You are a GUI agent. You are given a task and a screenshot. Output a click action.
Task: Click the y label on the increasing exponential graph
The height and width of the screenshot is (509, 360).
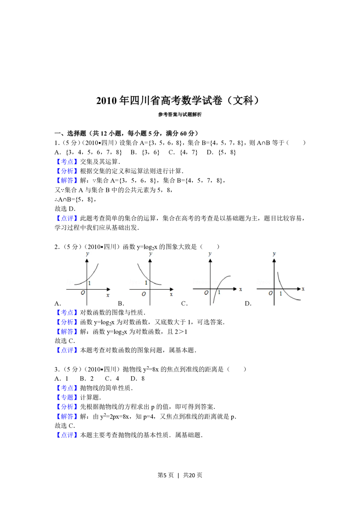tap(87, 254)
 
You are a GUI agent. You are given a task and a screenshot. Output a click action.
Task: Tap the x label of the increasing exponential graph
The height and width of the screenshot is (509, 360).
tap(108, 295)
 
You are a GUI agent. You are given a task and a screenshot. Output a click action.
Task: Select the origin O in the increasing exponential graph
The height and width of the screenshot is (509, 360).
tap(83, 293)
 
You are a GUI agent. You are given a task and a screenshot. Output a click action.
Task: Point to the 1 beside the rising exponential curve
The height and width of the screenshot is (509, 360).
tap(89, 283)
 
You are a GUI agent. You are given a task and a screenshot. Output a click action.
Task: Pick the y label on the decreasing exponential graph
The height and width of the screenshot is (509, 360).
tap(150, 254)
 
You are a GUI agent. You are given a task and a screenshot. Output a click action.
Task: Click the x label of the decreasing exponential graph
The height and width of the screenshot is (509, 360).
tap(171, 294)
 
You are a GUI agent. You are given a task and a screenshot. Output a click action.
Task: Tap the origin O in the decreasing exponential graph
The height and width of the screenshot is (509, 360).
tap(144, 294)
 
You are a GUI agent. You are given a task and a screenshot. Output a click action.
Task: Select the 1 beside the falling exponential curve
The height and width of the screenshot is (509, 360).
tap(146, 283)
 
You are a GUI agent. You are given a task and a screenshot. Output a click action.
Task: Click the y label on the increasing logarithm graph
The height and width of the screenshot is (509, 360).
tap(210, 254)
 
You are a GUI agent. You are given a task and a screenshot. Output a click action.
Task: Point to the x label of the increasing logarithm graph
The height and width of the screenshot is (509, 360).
tap(240, 289)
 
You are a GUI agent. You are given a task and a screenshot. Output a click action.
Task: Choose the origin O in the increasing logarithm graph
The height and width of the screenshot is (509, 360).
tap(206, 293)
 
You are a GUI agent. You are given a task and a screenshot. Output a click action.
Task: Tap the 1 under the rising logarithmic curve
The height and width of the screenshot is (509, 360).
tap(219, 292)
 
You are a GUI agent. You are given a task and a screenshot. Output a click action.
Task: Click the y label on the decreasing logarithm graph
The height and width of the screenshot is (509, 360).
tap(275, 254)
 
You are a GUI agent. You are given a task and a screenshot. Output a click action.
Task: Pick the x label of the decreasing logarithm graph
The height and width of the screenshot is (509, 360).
tap(303, 289)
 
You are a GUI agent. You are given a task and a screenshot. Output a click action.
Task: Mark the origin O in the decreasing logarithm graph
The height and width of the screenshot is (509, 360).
tap(271, 293)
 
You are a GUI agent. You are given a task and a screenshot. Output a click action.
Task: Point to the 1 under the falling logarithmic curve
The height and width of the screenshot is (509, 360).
tap(281, 294)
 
